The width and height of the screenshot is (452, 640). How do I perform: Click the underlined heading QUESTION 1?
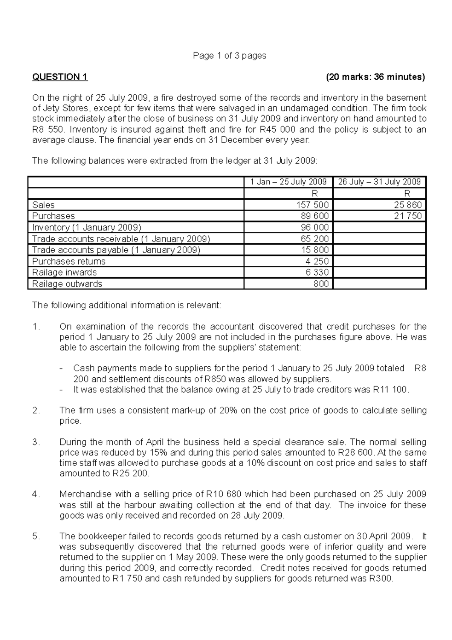pyautogui.click(x=60, y=77)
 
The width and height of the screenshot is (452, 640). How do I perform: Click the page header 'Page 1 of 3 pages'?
pyautogui.click(x=229, y=56)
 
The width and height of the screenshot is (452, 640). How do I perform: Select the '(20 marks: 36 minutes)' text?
pyautogui.click(x=375, y=77)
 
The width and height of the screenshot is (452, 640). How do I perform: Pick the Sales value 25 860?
pyautogui.click(x=409, y=205)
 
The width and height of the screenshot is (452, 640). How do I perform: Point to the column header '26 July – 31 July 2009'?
pyautogui.click(x=379, y=182)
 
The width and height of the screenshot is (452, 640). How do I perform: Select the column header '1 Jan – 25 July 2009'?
pyautogui.click(x=289, y=182)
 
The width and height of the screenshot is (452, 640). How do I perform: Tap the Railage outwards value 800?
pyautogui.click(x=321, y=284)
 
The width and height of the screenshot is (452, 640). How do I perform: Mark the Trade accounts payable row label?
pyautogui.click(x=116, y=250)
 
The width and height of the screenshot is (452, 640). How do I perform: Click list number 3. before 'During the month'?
pyautogui.click(x=36, y=442)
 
